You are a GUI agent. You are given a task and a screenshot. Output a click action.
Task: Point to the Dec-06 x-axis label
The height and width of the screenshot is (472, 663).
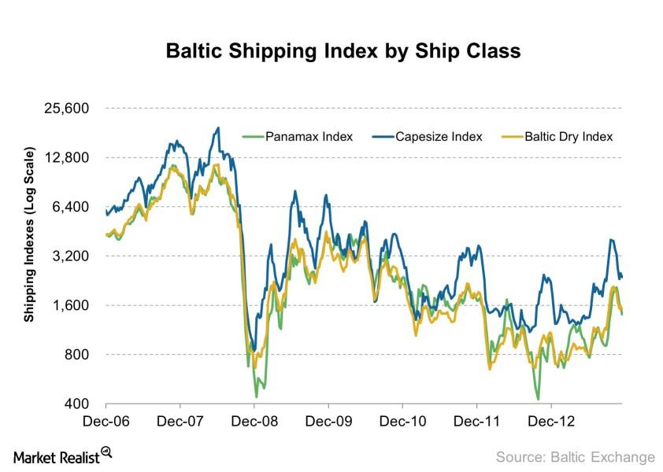coord(106,422)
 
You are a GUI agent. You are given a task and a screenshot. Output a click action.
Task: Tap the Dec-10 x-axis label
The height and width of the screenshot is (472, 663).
coord(403,422)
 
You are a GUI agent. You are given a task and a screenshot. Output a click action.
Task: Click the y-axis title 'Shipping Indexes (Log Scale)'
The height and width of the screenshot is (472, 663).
coord(29,234)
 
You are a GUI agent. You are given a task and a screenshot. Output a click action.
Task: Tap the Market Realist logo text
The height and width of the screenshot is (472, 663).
coord(56,456)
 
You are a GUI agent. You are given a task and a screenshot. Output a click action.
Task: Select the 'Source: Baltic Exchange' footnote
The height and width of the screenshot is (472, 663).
coord(575,456)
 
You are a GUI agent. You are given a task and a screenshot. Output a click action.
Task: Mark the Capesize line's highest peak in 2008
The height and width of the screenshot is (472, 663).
coord(217,127)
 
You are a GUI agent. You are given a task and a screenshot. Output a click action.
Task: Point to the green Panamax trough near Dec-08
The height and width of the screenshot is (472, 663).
coord(256,396)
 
